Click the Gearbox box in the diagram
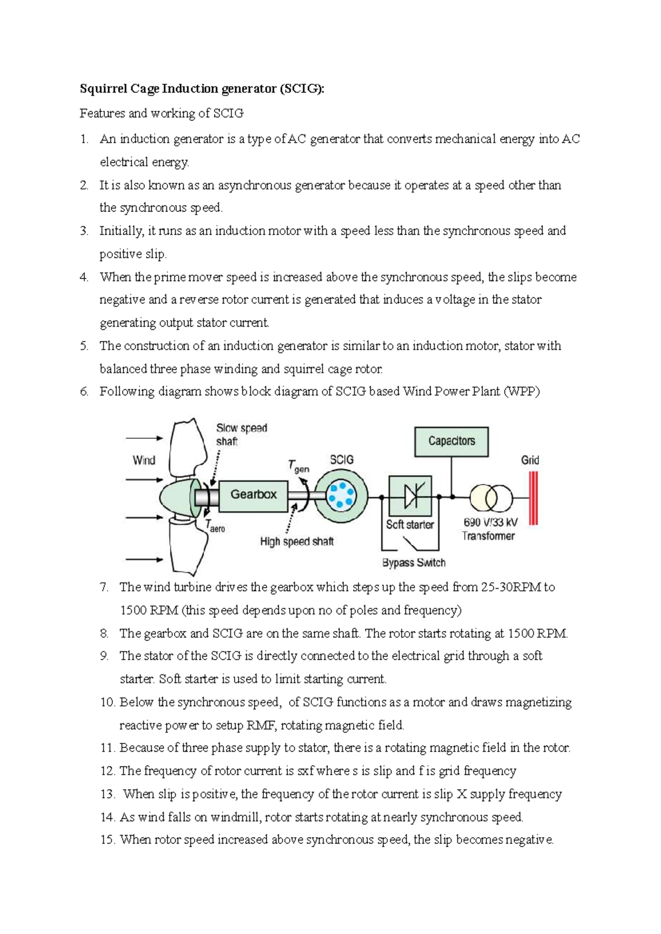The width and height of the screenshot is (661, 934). (x=253, y=495)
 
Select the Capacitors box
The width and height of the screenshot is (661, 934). (x=451, y=441)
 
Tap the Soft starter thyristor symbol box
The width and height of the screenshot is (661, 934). (x=410, y=496)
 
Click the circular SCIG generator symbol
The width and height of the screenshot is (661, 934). (x=340, y=496)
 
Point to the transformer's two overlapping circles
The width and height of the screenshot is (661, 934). (x=491, y=498)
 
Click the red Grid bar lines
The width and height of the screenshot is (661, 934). (x=533, y=498)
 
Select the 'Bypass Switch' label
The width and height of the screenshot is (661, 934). (x=414, y=563)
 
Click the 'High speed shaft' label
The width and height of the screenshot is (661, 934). (x=297, y=541)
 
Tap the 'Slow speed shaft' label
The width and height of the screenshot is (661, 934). (x=241, y=435)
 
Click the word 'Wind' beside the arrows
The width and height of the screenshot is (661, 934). (x=144, y=460)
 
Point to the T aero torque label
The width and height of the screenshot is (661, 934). (x=215, y=526)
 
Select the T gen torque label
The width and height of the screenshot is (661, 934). (x=299, y=466)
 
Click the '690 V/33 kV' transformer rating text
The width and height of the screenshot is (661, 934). (x=490, y=522)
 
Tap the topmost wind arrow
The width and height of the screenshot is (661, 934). (x=144, y=438)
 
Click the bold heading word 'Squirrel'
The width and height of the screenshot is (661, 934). (x=102, y=89)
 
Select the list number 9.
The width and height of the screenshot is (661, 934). (x=104, y=656)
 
